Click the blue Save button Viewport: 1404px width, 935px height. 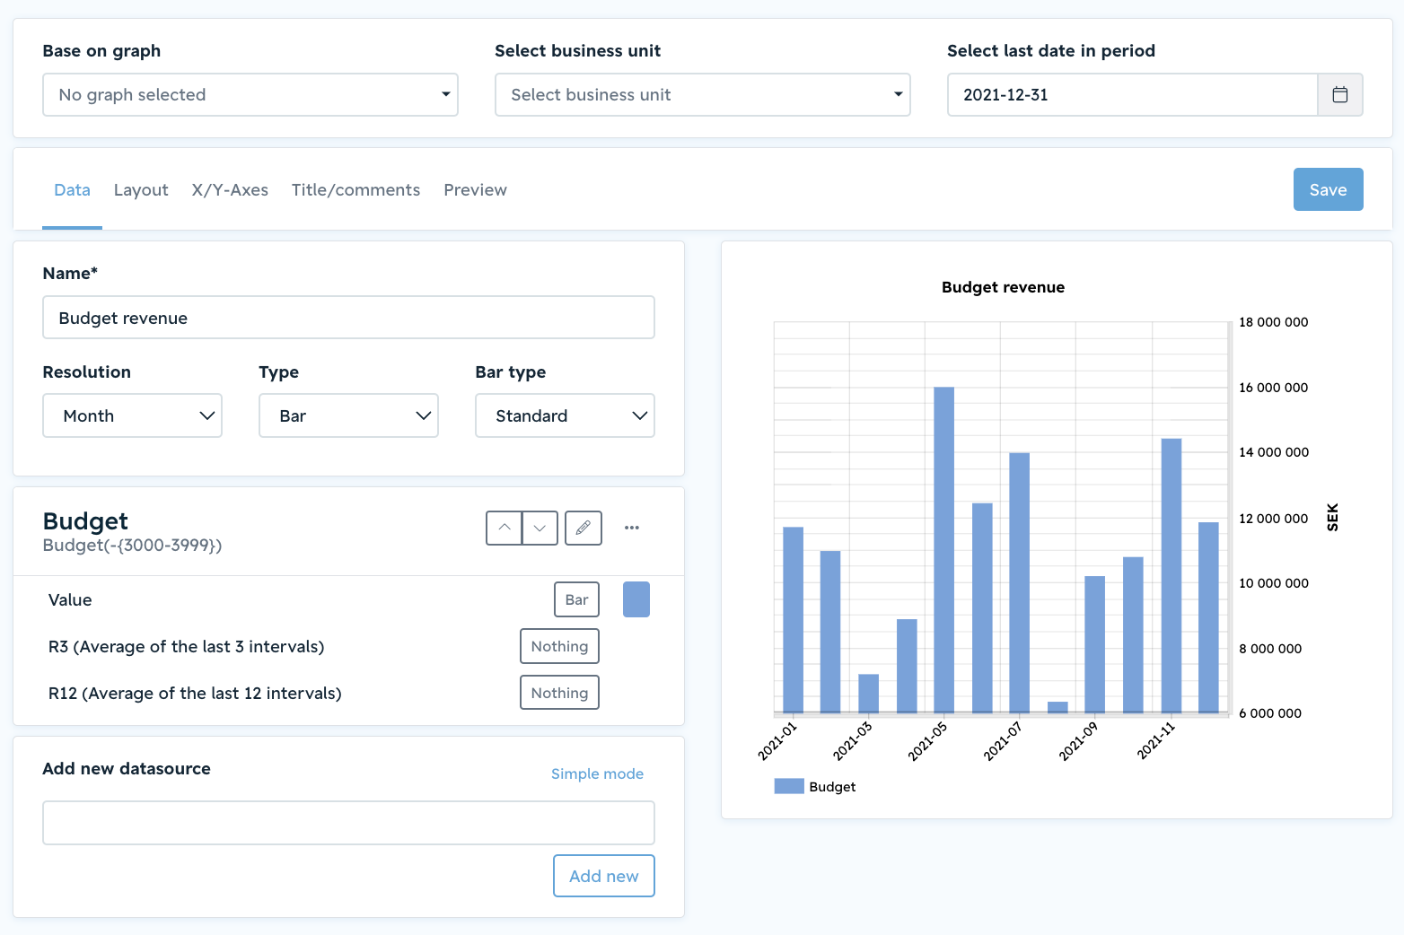[1328, 189]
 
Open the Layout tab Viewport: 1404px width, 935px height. [141, 190]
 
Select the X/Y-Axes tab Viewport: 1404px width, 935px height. [230, 190]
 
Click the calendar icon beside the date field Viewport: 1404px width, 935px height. [1340, 94]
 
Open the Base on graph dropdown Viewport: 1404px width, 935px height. [250, 94]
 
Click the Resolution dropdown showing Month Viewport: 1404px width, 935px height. [132, 415]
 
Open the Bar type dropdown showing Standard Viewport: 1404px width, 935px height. [565, 415]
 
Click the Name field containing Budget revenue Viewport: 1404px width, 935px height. [348, 318]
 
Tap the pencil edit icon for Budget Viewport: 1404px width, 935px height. [583, 528]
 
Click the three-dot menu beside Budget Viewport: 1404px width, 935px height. [632, 528]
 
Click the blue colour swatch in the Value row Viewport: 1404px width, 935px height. [636, 599]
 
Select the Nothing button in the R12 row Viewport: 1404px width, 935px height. [559, 693]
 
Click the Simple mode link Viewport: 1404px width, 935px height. [597, 774]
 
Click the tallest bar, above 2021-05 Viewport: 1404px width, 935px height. [944, 549]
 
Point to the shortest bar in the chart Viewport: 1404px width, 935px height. [1057, 707]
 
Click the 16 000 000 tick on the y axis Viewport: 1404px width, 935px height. [1274, 388]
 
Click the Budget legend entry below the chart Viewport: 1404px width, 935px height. [815, 786]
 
